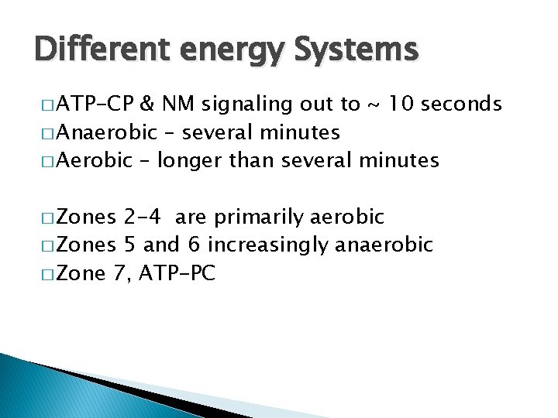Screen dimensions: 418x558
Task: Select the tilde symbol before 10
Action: click(x=377, y=104)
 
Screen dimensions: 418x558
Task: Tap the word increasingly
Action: click(x=269, y=246)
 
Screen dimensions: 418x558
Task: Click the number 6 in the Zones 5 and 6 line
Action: click(x=194, y=245)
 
